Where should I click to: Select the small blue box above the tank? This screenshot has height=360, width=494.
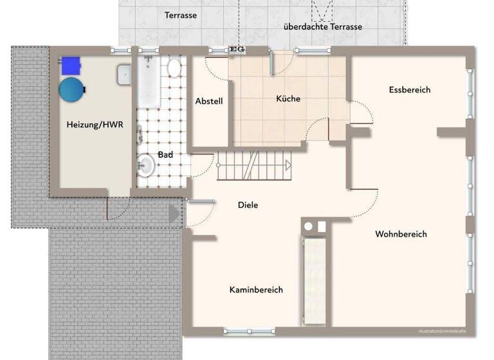point(69,64)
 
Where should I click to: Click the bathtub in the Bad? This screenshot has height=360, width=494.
point(149,82)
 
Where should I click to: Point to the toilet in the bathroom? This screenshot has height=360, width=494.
point(174,67)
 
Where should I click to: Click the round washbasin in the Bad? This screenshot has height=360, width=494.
point(145,166)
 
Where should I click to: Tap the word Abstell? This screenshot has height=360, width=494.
point(209,101)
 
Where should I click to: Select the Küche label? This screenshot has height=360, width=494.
point(288,99)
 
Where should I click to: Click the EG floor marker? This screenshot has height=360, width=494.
point(235,49)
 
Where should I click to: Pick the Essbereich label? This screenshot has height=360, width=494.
point(410,90)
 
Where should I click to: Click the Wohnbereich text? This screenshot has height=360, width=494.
point(401,234)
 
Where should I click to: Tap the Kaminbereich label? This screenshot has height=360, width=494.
point(256,290)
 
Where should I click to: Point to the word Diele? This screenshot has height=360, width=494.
point(248,205)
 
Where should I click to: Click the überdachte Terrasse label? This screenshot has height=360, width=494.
point(324,27)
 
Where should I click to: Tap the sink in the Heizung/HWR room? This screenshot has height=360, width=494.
point(124,76)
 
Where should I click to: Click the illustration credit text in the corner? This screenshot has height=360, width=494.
point(441,331)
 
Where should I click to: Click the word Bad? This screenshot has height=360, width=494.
point(165,155)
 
